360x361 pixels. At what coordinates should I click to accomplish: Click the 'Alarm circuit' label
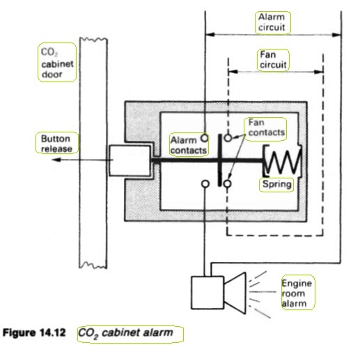click(x=272, y=22)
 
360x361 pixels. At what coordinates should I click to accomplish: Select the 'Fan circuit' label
click(x=273, y=60)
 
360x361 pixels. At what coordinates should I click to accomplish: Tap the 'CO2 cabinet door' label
click(x=57, y=63)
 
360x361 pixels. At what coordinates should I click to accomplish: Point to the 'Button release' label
click(x=56, y=144)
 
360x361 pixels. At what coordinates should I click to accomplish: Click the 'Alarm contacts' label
click(x=188, y=146)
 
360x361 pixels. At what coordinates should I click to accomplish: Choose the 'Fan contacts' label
click(x=267, y=128)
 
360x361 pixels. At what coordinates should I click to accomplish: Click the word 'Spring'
click(x=276, y=184)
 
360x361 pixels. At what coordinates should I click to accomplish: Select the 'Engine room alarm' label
click(x=297, y=293)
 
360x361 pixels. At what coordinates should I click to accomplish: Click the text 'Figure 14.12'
click(x=34, y=332)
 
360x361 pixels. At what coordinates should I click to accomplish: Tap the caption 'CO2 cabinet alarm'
click(x=125, y=333)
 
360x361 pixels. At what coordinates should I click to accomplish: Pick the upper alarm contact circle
click(x=204, y=138)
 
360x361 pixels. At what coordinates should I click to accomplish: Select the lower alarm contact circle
click(x=205, y=184)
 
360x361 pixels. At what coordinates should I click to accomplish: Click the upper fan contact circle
click(x=228, y=138)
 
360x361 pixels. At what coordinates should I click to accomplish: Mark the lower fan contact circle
click(x=228, y=184)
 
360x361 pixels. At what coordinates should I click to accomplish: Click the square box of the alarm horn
click(x=208, y=293)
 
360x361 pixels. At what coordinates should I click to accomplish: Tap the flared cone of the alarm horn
click(x=235, y=293)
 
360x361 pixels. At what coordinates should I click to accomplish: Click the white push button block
click(x=130, y=160)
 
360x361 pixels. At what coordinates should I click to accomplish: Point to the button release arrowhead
click(x=56, y=160)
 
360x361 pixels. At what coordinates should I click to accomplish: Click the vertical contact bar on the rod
click(x=220, y=160)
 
